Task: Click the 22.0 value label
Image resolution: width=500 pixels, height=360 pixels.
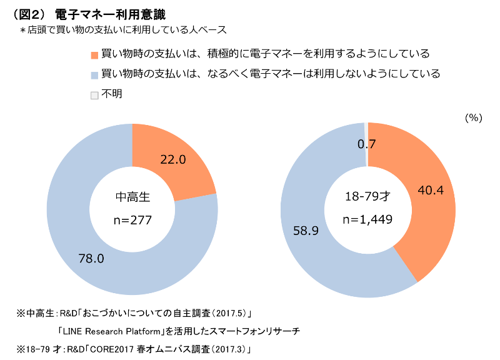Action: (173, 159)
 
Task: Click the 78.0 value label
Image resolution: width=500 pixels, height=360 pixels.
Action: (91, 258)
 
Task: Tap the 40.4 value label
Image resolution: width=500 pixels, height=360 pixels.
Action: (431, 191)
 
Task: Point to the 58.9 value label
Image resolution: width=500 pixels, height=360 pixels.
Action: (306, 231)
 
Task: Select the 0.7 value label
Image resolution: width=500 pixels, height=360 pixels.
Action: (366, 144)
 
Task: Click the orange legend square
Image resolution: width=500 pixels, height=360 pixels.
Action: (94, 55)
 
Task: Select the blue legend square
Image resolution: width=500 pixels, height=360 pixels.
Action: (94, 75)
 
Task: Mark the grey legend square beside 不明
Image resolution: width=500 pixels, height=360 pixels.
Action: (94, 96)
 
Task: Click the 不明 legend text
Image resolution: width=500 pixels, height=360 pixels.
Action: (112, 94)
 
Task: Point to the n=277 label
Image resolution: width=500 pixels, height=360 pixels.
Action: (132, 220)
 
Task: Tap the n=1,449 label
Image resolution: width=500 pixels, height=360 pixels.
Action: (367, 219)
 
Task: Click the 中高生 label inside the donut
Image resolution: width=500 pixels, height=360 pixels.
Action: (132, 197)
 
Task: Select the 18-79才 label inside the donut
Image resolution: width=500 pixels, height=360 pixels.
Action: (367, 196)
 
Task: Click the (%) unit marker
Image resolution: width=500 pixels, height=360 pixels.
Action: (474, 118)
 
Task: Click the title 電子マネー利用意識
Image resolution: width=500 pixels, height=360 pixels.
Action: (111, 14)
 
